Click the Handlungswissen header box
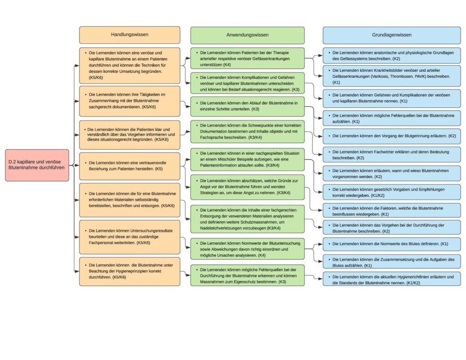click(x=130, y=35)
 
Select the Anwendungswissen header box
click(x=247, y=35)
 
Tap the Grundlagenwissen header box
click(x=392, y=35)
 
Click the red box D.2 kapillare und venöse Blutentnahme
click(x=37, y=165)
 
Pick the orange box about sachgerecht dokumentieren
click(x=130, y=101)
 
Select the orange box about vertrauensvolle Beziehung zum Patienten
click(x=130, y=166)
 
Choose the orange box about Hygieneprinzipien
click(x=130, y=271)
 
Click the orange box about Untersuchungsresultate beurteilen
click(x=130, y=237)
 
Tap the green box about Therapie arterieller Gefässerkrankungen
click(x=247, y=59)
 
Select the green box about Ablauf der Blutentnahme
click(x=247, y=106)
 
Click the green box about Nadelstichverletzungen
click(x=247, y=219)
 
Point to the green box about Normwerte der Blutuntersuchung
click(x=247, y=249)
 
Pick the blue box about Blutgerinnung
click(x=392, y=136)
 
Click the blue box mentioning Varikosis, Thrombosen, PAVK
click(x=392, y=76)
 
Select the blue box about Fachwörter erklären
click(x=392, y=155)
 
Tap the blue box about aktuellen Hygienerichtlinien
click(x=392, y=279)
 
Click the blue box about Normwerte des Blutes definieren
click(x=392, y=244)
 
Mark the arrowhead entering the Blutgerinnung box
click(x=320, y=136)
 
